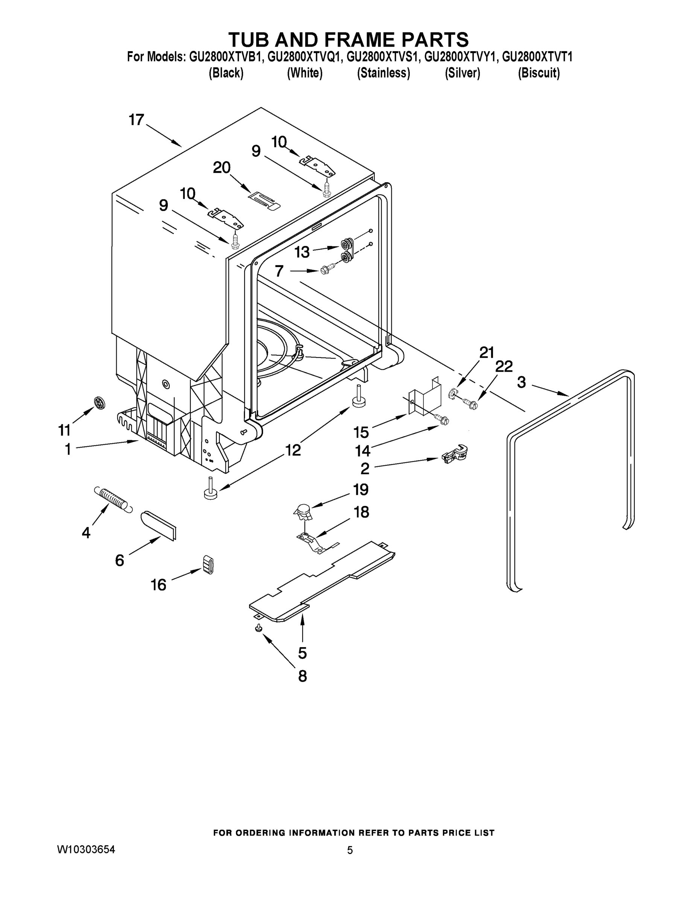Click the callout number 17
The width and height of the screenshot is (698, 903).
coord(136,120)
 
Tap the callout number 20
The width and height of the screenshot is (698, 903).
coord(222,168)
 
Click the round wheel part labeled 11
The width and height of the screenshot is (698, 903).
coord(99,402)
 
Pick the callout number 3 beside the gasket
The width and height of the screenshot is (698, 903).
coord(522,382)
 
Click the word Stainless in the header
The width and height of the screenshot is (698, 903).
coord(383,73)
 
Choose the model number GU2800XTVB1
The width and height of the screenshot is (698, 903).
coord(226,57)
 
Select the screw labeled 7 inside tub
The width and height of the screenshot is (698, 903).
coord(325,271)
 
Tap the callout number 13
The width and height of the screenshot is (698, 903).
coord(302,252)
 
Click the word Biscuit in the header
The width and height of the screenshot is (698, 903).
coord(538,73)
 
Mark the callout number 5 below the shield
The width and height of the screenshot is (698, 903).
coord(302,653)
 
